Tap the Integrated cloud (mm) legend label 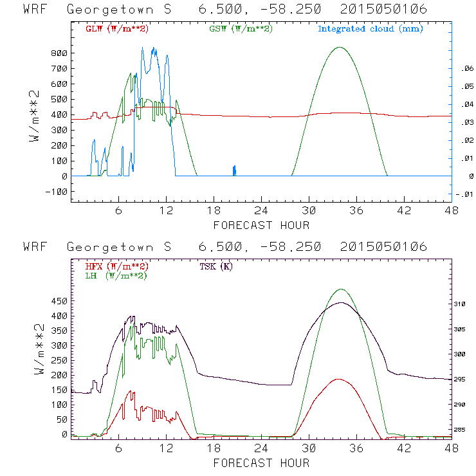(x=370, y=29)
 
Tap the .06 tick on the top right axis (x=464, y=68)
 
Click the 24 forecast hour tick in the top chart (x=261, y=211)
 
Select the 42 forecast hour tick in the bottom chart (x=404, y=448)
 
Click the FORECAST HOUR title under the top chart (x=261, y=225)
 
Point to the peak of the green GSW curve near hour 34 (x=340, y=47)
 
